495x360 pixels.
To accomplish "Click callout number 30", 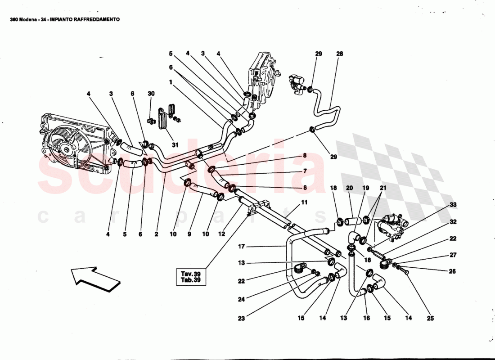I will pyautogui.click(x=151, y=94).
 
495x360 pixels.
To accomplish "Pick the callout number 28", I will pyautogui.click(x=339, y=54).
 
